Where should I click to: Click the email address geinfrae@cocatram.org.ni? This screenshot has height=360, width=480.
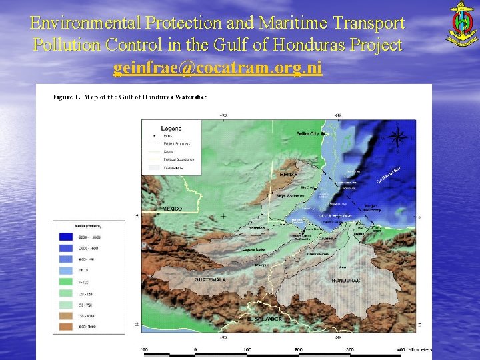[x=217, y=69]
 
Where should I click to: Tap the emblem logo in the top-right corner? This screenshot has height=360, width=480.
[x=461, y=24]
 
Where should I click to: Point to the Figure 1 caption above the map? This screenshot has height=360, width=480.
[x=131, y=97]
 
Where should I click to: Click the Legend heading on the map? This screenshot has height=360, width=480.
[x=171, y=128]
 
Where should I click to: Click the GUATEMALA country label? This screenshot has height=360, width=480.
[x=211, y=281]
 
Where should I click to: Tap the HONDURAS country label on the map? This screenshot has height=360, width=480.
[x=346, y=281]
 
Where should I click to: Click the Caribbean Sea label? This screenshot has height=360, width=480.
[x=387, y=175]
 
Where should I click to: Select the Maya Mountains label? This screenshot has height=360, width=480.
[x=287, y=196]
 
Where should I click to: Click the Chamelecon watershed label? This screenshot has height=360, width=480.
[x=319, y=254]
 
